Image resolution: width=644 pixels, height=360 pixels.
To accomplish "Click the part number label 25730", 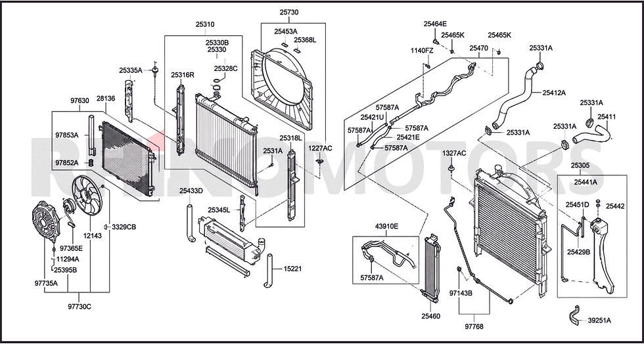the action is coord(289,12).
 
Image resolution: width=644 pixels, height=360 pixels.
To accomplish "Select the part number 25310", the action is coord(205,24).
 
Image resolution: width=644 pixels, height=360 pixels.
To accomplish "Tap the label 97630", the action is coord(80,101).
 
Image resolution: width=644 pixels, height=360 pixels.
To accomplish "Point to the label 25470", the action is coord(479,48).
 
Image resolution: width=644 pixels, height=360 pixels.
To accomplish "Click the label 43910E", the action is coord(386,226).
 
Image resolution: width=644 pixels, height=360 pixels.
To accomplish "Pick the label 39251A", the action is coord(599,321).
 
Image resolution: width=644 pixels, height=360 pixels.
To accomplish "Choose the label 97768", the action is coord(474,326).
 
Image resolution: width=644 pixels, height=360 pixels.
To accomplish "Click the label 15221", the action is coord(292,269).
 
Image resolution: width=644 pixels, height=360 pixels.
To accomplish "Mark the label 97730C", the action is coord(80,307).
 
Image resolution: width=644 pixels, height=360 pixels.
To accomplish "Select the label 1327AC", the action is coord(454,154).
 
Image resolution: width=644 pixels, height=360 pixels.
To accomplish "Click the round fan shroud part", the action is coord(283,88).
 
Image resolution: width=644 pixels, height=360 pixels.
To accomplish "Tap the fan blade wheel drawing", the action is coord(86,194).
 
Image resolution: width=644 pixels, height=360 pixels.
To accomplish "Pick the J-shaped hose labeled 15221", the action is coord(269,271).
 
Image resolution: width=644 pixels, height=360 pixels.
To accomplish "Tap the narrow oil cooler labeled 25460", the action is coord(431,267).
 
